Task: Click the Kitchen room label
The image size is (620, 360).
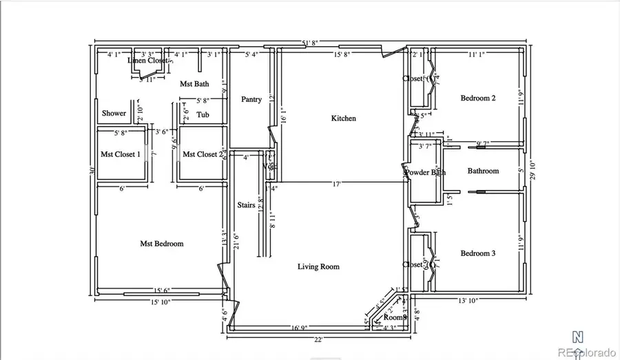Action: [344, 118]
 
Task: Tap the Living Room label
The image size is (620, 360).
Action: [318, 266]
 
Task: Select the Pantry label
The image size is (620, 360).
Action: [251, 99]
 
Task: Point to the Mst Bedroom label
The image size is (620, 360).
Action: [162, 244]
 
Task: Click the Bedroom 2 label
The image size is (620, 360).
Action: [478, 98]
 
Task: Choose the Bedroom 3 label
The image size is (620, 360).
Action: [478, 253]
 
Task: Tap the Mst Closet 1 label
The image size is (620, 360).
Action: [121, 154]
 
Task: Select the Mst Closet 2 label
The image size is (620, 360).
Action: [202, 154]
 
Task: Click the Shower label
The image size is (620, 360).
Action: [114, 114]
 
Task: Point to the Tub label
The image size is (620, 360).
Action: [203, 115]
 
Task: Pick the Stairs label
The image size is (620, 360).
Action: [247, 205]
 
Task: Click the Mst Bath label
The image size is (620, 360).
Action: [194, 84]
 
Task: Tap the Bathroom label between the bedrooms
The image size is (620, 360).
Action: [483, 171]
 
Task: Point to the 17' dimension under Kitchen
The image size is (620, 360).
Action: [337, 184]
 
